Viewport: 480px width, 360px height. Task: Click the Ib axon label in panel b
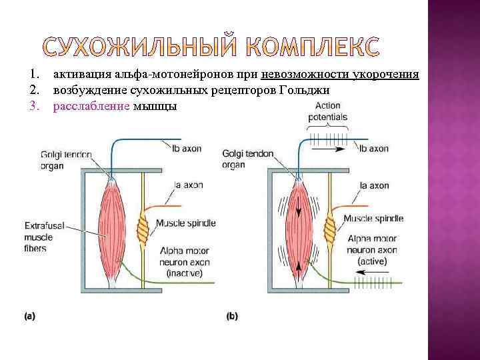coord(374,149)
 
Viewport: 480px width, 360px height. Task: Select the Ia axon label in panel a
coord(187,185)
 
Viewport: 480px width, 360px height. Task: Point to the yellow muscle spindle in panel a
coord(141,230)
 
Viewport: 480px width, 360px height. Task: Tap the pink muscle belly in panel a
coord(112,227)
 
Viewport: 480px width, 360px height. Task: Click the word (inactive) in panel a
coord(185,273)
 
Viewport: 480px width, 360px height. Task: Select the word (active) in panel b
coord(376,261)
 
